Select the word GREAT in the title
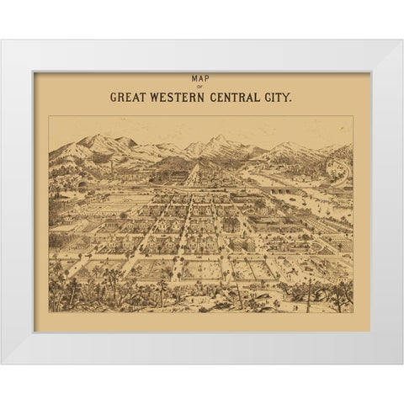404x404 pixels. tap(128, 97)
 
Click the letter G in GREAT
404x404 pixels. tap(114, 97)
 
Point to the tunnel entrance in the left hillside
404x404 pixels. tap(81, 181)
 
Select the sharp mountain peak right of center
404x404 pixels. tap(221, 137)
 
